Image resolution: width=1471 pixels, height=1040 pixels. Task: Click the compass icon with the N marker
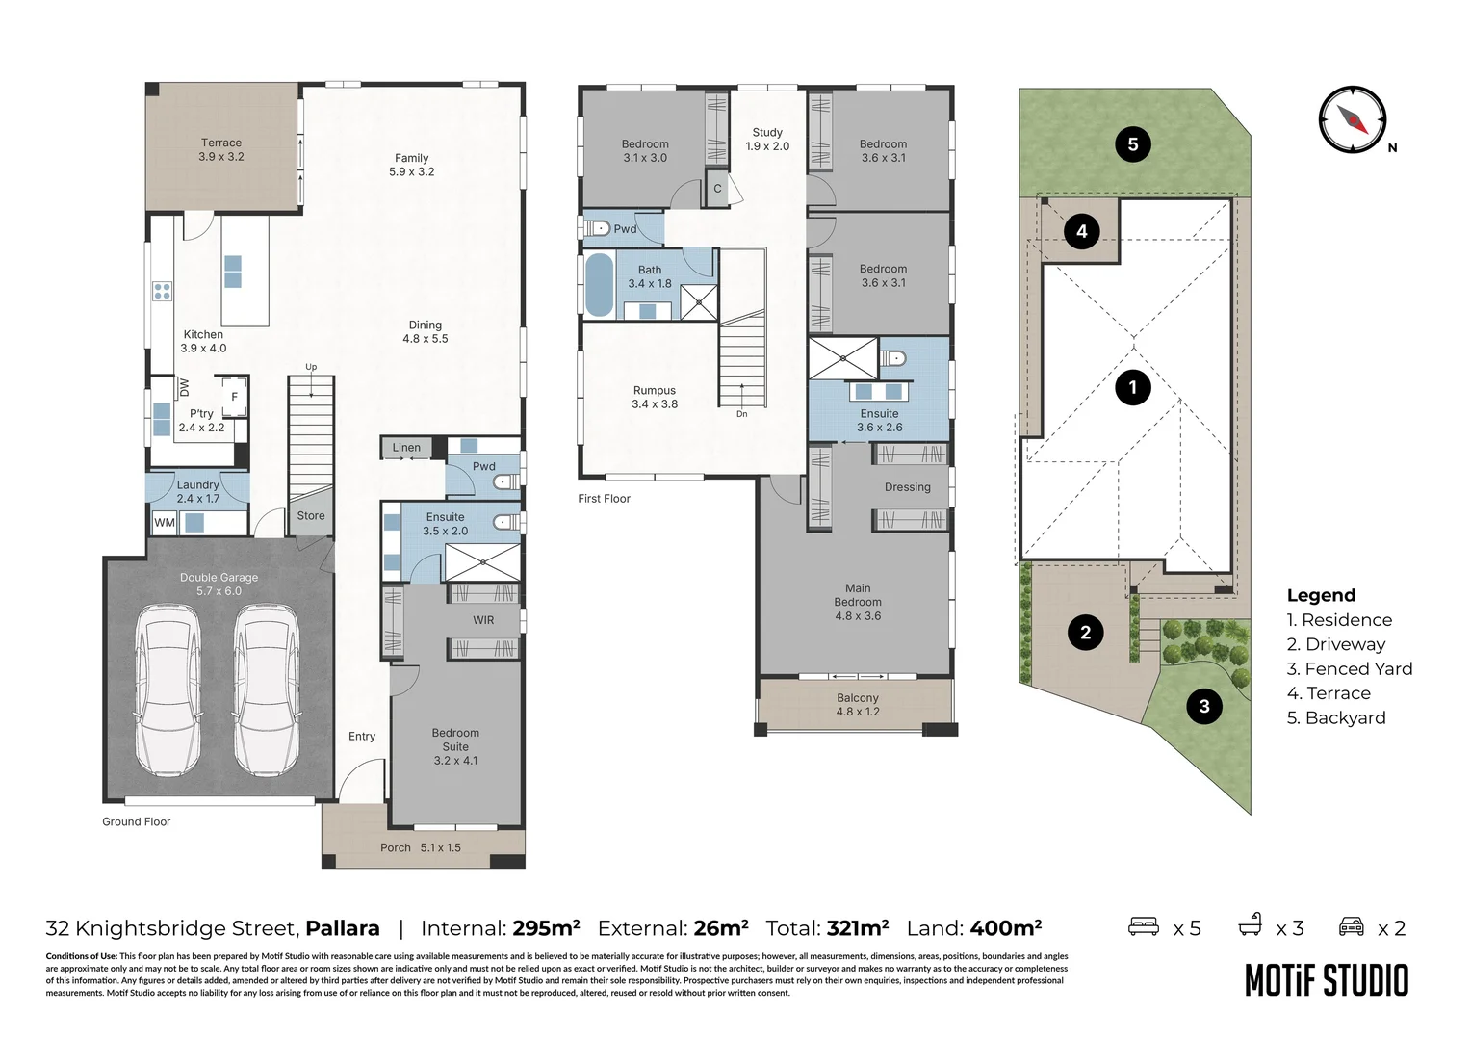click(1353, 119)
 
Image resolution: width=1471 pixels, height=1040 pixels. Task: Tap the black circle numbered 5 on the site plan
click(1133, 143)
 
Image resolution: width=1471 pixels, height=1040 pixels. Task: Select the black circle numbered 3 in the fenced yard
click(1203, 706)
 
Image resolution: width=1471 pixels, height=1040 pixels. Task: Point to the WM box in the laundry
click(165, 522)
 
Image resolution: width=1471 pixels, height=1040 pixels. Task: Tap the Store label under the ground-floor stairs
click(311, 516)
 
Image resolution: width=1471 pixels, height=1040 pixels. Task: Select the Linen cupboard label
click(406, 448)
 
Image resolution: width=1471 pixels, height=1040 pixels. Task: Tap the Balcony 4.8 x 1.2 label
click(858, 704)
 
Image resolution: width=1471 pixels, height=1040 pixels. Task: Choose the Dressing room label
click(907, 487)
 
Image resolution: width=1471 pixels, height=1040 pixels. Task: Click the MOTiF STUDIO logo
click(1327, 981)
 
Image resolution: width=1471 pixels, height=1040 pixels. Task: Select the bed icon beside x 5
click(1144, 926)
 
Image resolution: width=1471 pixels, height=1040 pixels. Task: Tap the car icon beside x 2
click(1352, 926)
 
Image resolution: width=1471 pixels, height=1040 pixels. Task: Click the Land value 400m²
click(1005, 927)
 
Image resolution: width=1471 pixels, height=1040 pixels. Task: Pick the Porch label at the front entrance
click(395, 847)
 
